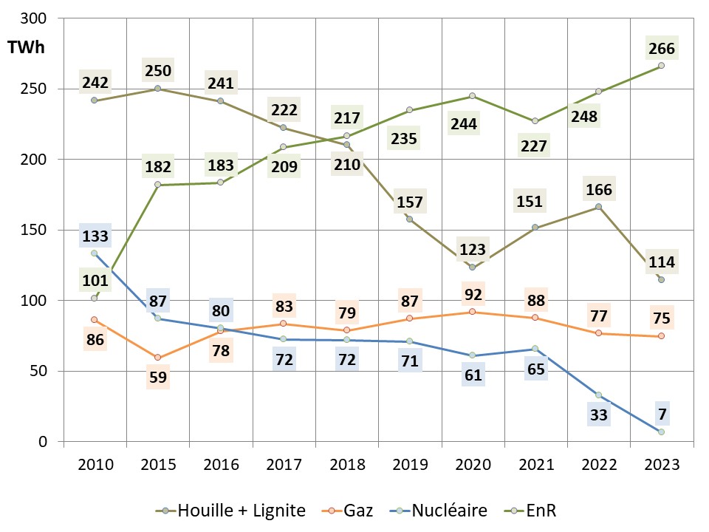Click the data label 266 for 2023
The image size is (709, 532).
[661, 49]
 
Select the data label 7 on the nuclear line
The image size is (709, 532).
[661, 414]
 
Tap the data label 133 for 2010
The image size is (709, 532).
[95, 236]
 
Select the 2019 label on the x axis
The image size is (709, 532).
[409, 465]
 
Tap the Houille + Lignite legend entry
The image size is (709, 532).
[239, 511]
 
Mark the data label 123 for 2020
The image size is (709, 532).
[473, 248]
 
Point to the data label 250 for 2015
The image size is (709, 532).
[158, 71]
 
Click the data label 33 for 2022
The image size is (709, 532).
[598, 415]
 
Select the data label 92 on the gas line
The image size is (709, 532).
[473, 293]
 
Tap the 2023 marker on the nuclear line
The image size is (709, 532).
[661, 432]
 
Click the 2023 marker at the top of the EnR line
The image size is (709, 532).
[661, 66]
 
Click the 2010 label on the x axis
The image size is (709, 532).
[95, 465]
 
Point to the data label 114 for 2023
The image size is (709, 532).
[661, 262]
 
